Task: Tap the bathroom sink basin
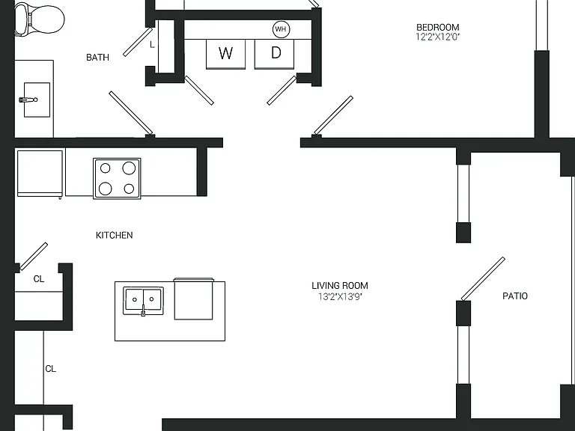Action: coord(37,100)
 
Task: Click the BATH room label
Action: coord(97,57)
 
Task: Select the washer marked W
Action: coord(225,54)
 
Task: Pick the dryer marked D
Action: coord(274,54)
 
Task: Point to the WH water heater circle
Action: coord(281,29)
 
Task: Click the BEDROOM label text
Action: coord(438,27)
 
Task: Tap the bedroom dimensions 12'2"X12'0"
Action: coord(438,37)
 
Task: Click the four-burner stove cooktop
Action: coord(117,179)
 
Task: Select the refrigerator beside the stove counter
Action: coord(40,173)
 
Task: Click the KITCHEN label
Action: coord(114,235)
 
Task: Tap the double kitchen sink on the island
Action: coord(144,301)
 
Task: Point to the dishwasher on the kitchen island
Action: coord(193,299)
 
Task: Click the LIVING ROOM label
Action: coord(340,286)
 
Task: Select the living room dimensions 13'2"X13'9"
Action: coord(340,296)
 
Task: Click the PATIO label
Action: coord(515,296)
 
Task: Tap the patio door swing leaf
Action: coord(483,279)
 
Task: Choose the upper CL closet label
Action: coord(39,279)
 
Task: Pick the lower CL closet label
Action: coord(51,369)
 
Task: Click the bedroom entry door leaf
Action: coord(333,115)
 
